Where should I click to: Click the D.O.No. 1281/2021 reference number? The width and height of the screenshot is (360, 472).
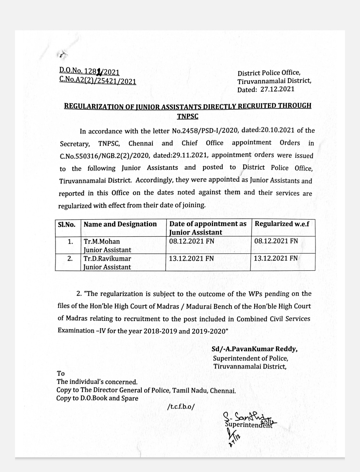point(89,71)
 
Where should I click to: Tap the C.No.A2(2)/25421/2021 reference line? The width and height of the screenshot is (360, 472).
point(98,80)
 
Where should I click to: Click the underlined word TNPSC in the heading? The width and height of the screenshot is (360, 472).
point(187,116)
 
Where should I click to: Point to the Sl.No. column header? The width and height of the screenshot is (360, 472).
point(67,224)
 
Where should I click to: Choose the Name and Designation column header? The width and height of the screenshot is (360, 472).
point(120,224)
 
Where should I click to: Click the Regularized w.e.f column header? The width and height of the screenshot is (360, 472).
point(282,224)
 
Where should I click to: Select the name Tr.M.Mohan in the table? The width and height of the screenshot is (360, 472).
point(102,241)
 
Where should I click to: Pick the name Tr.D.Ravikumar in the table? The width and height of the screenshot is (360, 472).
point(107,258)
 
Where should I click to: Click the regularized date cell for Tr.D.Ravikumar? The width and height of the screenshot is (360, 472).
point(276,258)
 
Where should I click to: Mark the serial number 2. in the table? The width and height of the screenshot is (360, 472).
point(70,258)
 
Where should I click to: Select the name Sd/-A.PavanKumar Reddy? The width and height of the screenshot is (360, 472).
point(254,349)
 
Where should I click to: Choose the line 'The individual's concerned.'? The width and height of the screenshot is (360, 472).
point(97,382)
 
